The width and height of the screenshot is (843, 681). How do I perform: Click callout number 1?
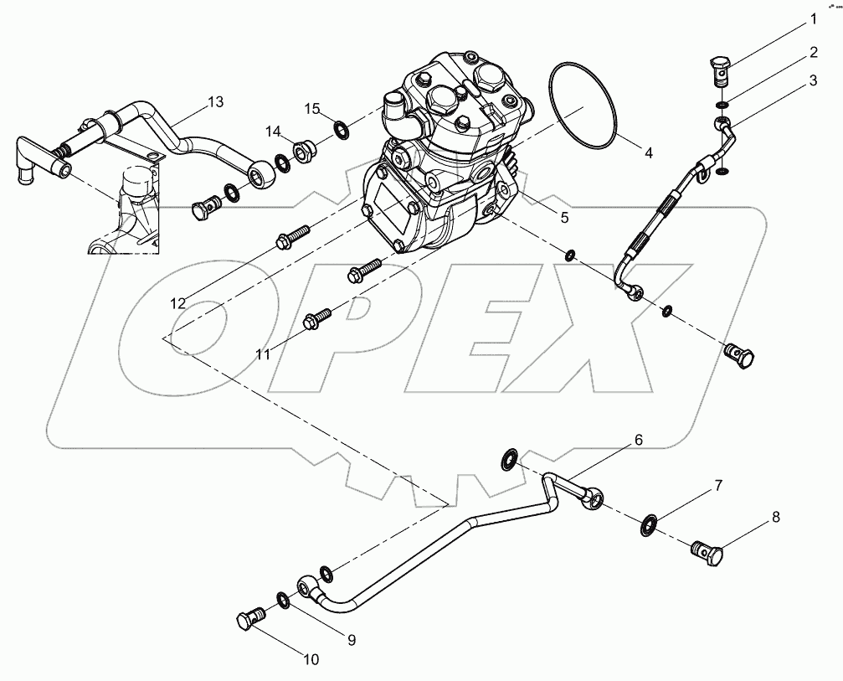tap(811, 18)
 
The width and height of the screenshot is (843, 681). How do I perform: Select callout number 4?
tap(647, 154)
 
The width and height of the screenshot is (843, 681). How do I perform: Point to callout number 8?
tap(776, 517)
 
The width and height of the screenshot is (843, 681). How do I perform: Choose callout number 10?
tap(311, 660)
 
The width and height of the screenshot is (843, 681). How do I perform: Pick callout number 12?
tap(178, 303)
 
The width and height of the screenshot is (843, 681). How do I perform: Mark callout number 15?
tap(312, 108)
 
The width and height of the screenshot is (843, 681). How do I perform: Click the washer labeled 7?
tap(650, 525)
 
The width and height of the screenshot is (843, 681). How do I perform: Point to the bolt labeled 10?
tap(248, 621)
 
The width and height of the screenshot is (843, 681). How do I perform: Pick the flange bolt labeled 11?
tap(317, 317)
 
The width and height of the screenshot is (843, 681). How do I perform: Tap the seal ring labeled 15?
tap(342, 129)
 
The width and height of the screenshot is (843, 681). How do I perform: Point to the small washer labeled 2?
tap(722, 104)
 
